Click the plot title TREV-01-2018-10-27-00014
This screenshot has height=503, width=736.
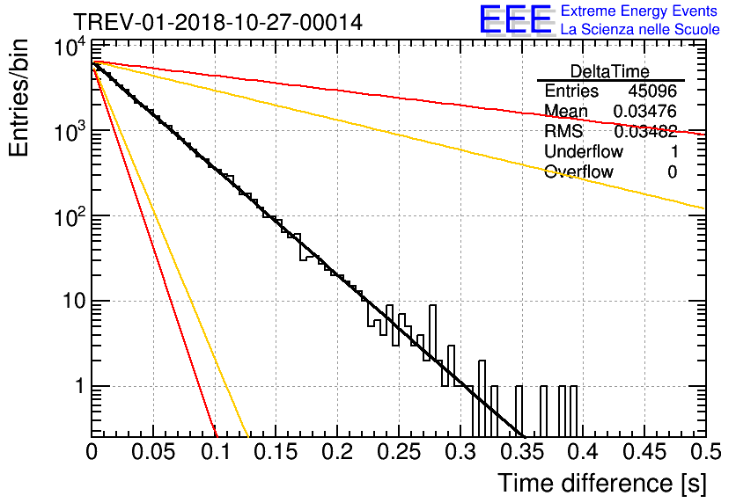point(217,22)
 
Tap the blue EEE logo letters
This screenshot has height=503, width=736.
point(516,19)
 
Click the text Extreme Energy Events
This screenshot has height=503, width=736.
point(639,11)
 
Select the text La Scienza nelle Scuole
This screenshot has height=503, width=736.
point(640,29)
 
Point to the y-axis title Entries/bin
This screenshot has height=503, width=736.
point(18,98)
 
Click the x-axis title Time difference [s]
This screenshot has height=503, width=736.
point(602,483)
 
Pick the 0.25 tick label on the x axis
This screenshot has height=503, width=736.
point(398,452)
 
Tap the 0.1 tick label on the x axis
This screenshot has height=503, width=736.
point(216,452)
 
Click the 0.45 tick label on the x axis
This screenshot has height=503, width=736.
point(644,452)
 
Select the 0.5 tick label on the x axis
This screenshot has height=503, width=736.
point(706,452)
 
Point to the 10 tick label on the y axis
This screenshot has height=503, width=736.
point(74,301)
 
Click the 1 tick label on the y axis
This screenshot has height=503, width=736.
point(80,386)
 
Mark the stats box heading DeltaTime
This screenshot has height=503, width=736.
point(610,71)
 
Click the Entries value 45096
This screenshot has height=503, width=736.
point(652,91)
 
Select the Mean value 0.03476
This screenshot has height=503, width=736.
point(645,111)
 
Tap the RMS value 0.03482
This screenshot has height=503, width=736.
point(645,131)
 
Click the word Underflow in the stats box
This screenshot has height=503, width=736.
point(584,151)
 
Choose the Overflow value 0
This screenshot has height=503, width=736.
point(672,172)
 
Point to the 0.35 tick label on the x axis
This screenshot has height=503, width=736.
point(521,452)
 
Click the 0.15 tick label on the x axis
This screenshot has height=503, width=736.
point(275,452)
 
